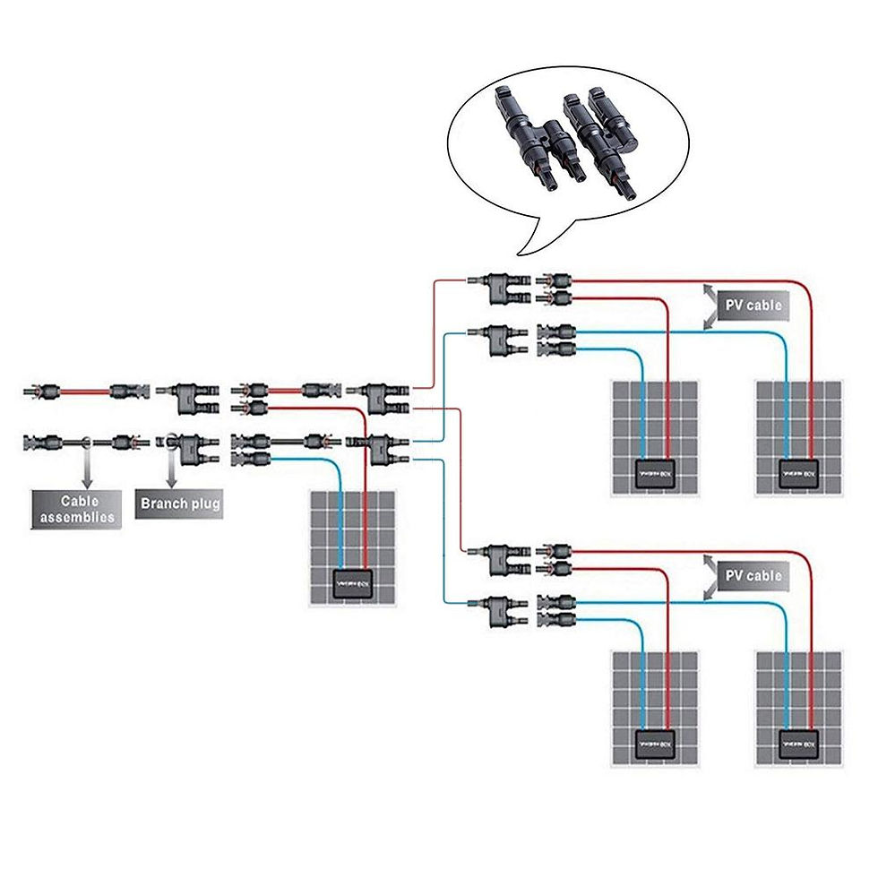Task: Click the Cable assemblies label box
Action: (77, 509)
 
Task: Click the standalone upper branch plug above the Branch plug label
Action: (186, 396)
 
